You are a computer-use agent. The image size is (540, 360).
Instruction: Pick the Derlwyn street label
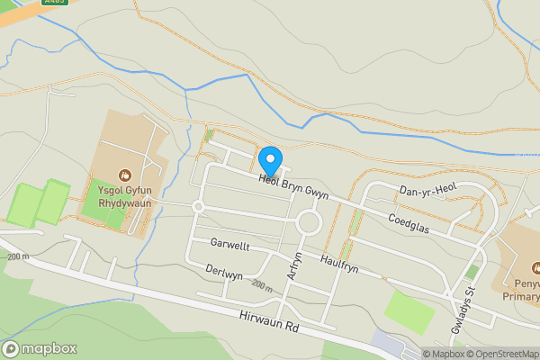click(224, 274)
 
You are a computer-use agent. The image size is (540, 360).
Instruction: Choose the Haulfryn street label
click(339, 263)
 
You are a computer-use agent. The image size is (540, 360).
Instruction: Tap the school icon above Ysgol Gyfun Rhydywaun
click(125, 173)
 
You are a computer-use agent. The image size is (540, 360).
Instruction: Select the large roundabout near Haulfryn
click(309, 222)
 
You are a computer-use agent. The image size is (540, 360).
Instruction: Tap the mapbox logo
click(40, 348)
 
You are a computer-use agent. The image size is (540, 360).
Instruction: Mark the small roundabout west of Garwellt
click(198, 207)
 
